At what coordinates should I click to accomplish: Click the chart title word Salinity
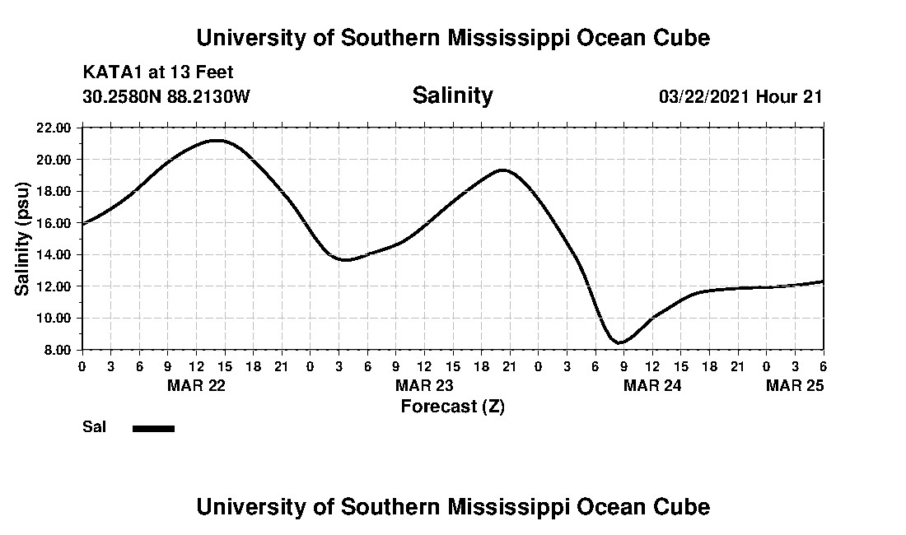pos(452,95)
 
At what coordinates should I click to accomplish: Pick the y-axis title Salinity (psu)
pos(23,239)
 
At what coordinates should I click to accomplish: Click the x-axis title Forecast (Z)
pos(452,407)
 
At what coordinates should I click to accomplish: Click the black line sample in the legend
pos(153,428)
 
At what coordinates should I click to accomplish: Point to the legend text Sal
pos(92,427)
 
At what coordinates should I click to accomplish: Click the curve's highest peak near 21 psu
pos(216,140)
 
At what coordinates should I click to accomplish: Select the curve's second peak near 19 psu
pos(502,170)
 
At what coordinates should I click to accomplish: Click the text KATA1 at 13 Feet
pos(158,72)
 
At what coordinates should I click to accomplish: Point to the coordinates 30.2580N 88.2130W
pos(166,96)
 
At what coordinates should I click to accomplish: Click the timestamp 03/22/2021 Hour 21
pos(740,96)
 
